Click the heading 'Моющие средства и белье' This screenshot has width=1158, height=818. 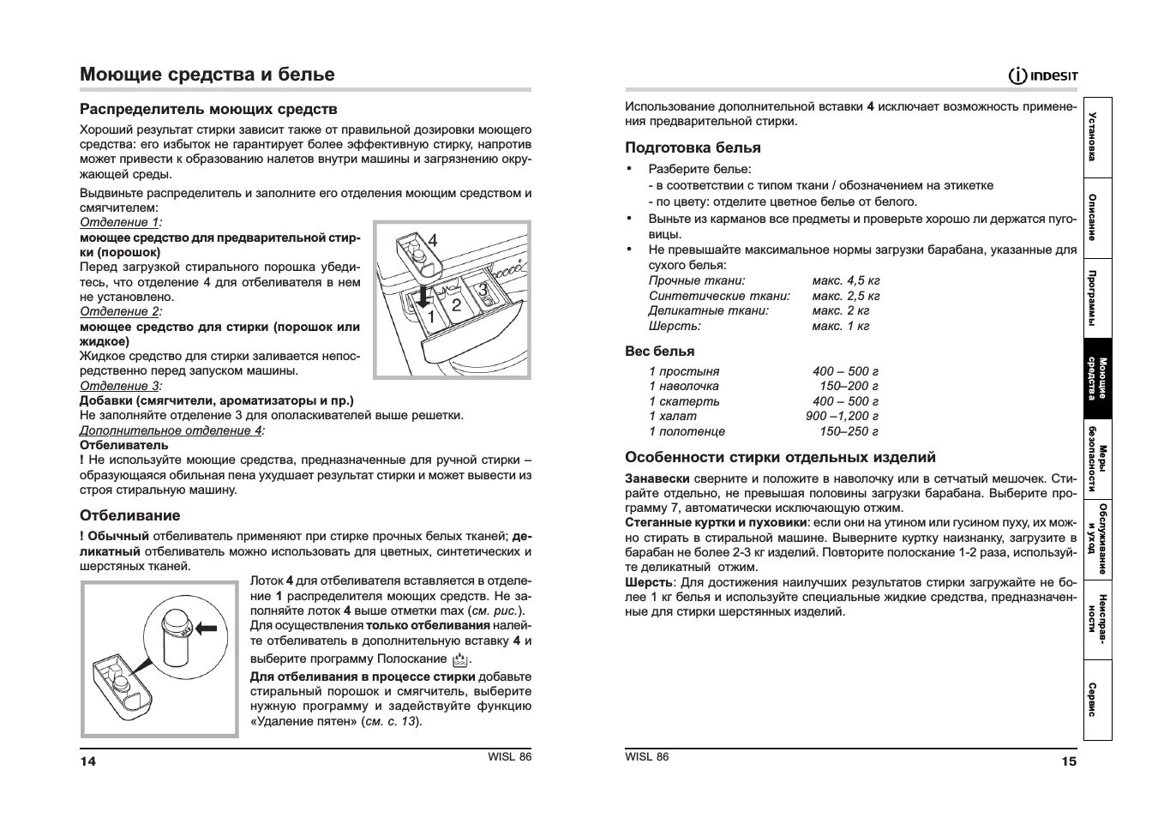[x=207, y=75]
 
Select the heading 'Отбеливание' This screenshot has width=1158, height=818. [x=130, y=515]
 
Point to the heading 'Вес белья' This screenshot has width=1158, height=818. [x=659, y=351]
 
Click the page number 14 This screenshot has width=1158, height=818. [x=88, y=761]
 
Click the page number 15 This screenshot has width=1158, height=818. [x=1068, y=761]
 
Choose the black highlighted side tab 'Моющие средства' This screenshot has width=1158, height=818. [x=1097, y=378]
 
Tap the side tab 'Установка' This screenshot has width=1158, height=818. [x=1097, y=136]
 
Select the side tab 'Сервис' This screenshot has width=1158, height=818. [x=1097, y=700]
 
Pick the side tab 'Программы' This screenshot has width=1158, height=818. [x=1097, y=298]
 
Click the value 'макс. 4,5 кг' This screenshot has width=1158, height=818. [x=846, y=280]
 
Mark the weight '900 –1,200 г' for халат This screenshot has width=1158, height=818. [x=842, y=416]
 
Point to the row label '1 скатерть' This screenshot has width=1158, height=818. [x=684, y=401]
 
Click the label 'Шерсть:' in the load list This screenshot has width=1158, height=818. [x=675, y=326]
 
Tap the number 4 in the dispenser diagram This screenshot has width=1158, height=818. [x=433, y=241]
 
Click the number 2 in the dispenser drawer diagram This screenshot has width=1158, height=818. [x=456, y=305]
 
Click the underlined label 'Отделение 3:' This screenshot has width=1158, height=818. [x=120, y=386]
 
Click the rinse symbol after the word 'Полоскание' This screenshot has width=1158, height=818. [x=460, y=659]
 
